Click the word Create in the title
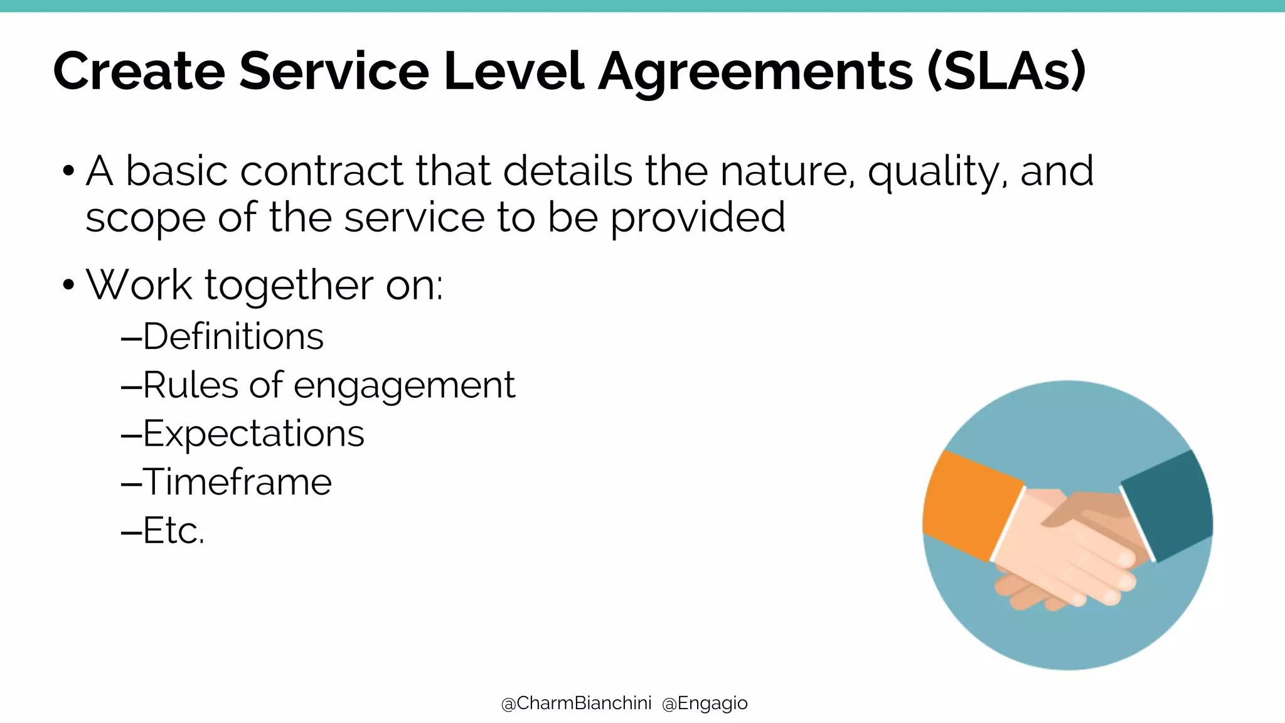point(139,71)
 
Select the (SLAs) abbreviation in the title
point(1006,72)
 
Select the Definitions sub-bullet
point(233,337)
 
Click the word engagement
point(404,386)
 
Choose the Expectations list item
point(253,434)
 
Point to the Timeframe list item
point(237,482)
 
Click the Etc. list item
point(173,531)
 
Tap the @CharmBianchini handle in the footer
point(576,704)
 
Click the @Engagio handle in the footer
point(705,704)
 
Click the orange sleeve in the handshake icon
point(969,505)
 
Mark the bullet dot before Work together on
point(68,286)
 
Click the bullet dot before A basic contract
point(68,171)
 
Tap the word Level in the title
point(513,71)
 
